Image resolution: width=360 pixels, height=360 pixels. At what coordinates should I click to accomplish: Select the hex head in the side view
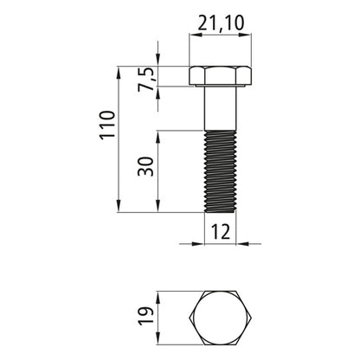[220, 76]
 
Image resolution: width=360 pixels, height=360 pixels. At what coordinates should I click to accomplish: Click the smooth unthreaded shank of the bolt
[220, 108]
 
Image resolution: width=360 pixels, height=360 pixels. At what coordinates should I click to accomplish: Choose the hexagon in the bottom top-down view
[220, 321]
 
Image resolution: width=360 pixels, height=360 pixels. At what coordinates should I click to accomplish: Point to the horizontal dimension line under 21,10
[220, 34]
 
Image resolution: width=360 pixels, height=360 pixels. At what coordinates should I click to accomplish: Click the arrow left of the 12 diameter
[197, 242]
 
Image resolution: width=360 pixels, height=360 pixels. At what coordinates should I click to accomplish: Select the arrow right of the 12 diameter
[243, 242]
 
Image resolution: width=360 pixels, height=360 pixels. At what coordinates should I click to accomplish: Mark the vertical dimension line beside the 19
[157, 321]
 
